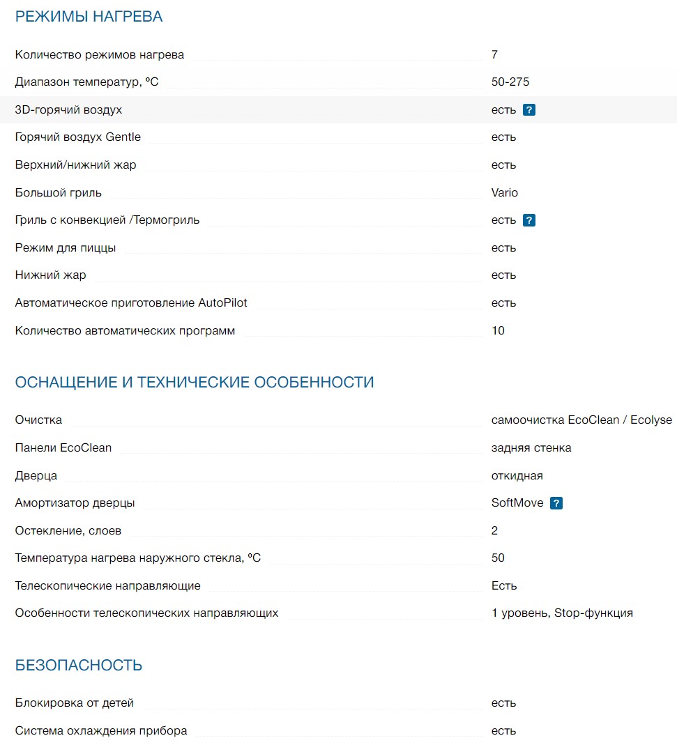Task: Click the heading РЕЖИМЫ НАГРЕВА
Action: click(x=89, y=17)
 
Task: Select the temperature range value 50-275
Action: click(x=510, y=82)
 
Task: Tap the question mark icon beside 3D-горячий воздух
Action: click(x=529, y=110)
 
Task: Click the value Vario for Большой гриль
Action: click(x=504, y=193)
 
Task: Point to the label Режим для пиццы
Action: click(x=66, y=248)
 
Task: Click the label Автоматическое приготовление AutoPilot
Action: click(x=131, y=303)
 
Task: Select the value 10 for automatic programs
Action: click(x=498, y=331)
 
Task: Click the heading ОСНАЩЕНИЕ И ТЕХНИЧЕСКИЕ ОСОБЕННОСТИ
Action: click(x=195, y=383)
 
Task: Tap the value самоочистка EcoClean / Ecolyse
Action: click(x=581, y=420)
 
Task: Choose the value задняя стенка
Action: click(x=531, y=448)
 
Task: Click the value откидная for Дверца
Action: click(x=517, y=476)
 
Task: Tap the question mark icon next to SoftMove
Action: click(x=556, y=503)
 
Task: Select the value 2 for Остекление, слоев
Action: click(x=494, y=531)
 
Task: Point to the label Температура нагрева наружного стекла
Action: click(x=137, y=558)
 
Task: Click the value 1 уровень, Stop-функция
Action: click(x=562, y=613)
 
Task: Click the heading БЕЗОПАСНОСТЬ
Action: click(x=79, y=666)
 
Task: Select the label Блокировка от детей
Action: click(x=74, y=703)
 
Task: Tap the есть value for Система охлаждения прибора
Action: click(x=503, y=731)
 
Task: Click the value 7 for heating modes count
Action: click(x=494, y=55)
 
